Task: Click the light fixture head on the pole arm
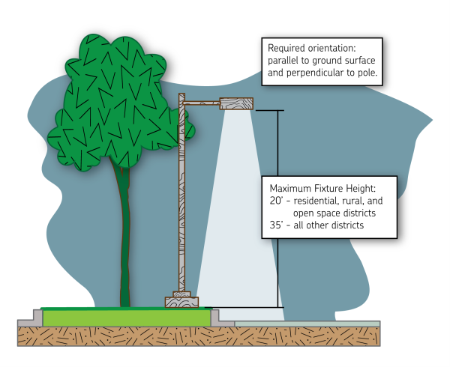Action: coord(236,104)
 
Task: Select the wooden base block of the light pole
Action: coord(183,303)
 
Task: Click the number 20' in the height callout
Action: coord(274,201)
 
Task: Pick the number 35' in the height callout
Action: coord(274,225)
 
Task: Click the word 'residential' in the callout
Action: coord(317,201)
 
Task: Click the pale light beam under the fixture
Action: coord(236,225)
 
